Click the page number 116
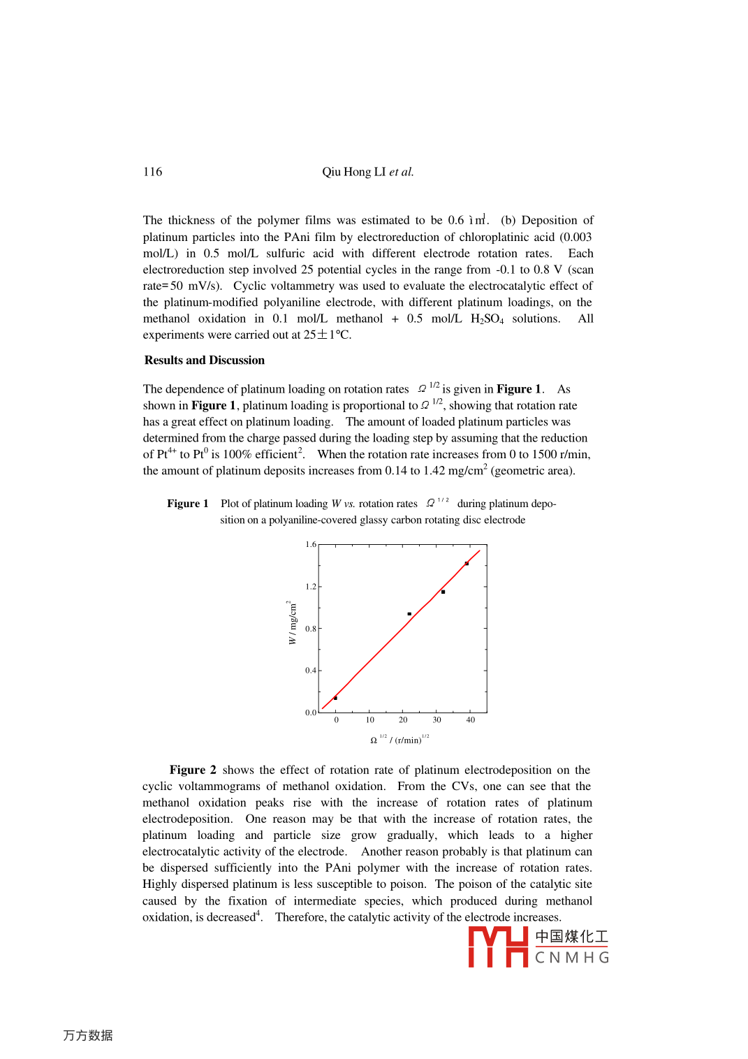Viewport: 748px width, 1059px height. point(152,172)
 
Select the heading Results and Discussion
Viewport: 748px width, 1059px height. point(205,360)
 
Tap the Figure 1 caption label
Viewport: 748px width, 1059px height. point(187,504)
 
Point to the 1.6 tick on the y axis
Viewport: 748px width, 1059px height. point(311,544)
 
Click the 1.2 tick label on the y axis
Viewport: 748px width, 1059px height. point(311,587)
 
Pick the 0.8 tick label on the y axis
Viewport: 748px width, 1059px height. point(311,629)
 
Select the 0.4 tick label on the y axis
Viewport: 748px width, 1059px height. point(311,671)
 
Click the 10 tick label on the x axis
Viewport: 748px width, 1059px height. point(370,720)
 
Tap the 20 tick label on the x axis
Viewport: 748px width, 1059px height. point(403,720)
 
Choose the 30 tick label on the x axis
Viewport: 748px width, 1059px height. point(437,720)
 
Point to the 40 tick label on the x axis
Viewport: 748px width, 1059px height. point(471,720)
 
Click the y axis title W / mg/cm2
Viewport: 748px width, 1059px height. point(292,622)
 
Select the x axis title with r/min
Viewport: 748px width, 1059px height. point(399,740)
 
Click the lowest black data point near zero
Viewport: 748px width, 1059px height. point(336,698)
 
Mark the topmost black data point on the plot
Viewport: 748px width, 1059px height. point(467,564)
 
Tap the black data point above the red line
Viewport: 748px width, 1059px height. point(409,614)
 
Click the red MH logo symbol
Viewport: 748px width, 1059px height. point(497,947)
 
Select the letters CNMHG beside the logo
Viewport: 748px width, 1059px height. point(572,958)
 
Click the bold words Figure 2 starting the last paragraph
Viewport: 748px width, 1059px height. point(193,770)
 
